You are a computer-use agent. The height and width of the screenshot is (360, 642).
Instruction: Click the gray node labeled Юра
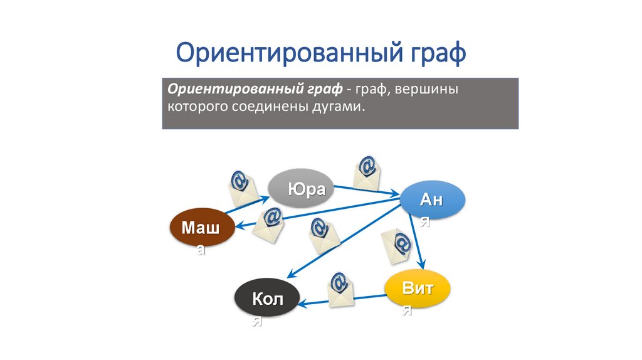(x=301, y=188)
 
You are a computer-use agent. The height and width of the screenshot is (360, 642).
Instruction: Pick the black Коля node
(x=267, y=298)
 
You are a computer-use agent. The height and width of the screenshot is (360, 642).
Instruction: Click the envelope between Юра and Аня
(x=367, y=172)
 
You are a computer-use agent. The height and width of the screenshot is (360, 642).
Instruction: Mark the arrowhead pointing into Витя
(x=423, y=267)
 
